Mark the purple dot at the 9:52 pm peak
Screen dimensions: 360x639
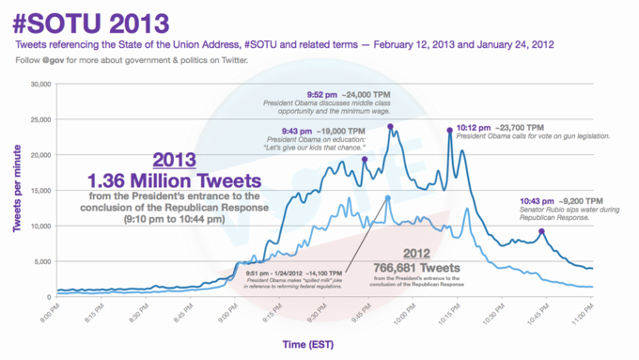coord(390,126)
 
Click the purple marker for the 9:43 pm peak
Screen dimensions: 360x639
coord(365,159)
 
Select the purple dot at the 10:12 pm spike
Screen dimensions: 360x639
coord(450,131)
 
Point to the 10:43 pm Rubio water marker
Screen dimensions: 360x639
coord(541,231)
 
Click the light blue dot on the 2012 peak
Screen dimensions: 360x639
coord(387,197)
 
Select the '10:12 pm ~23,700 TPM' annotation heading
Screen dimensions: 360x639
coord(500,127)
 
